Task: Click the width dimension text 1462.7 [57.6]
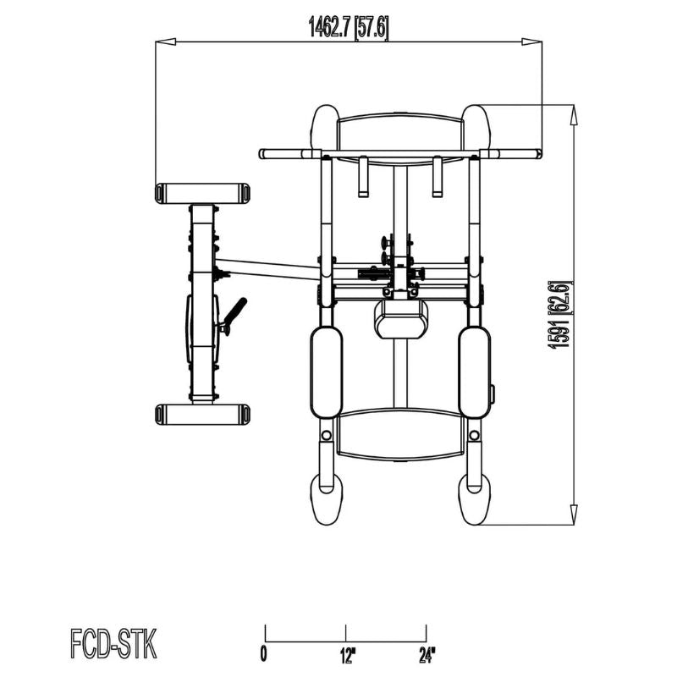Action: [348, 29]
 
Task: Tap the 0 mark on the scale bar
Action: [265, 653]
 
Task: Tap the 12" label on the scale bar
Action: [346, 653]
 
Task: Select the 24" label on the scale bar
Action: [426, 653]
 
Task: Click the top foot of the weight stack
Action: [202, 193]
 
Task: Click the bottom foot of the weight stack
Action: [202, 414]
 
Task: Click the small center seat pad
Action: [400, 319]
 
